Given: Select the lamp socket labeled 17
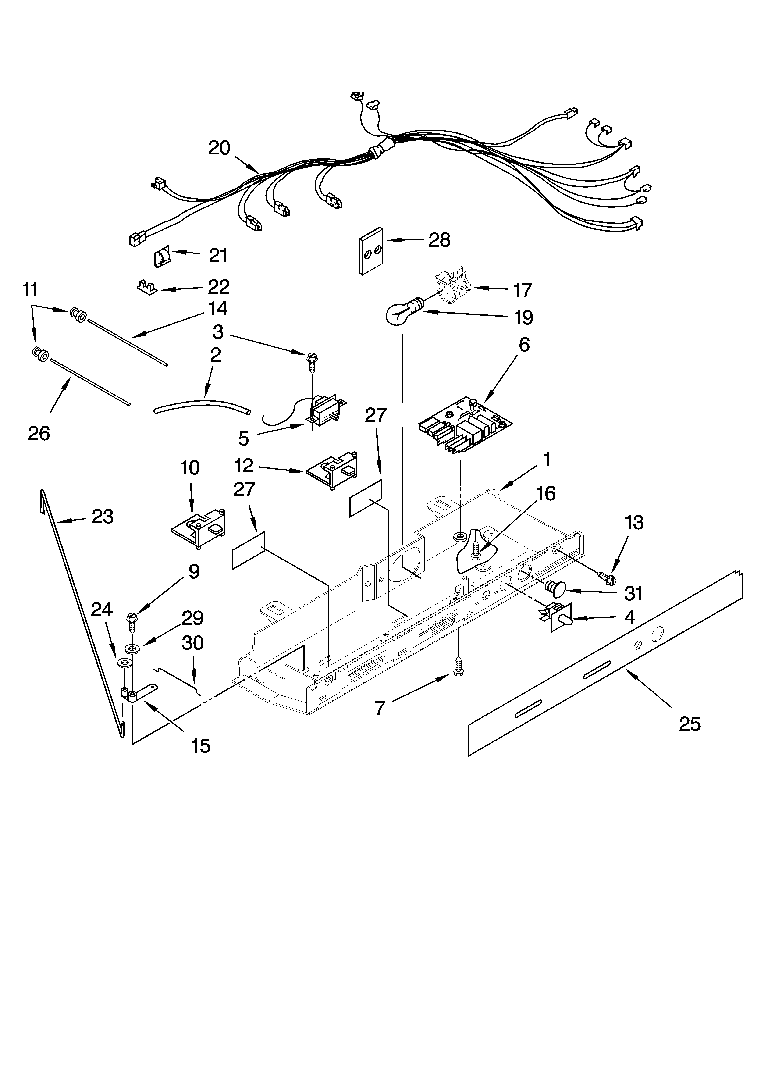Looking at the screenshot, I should point(452,287).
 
